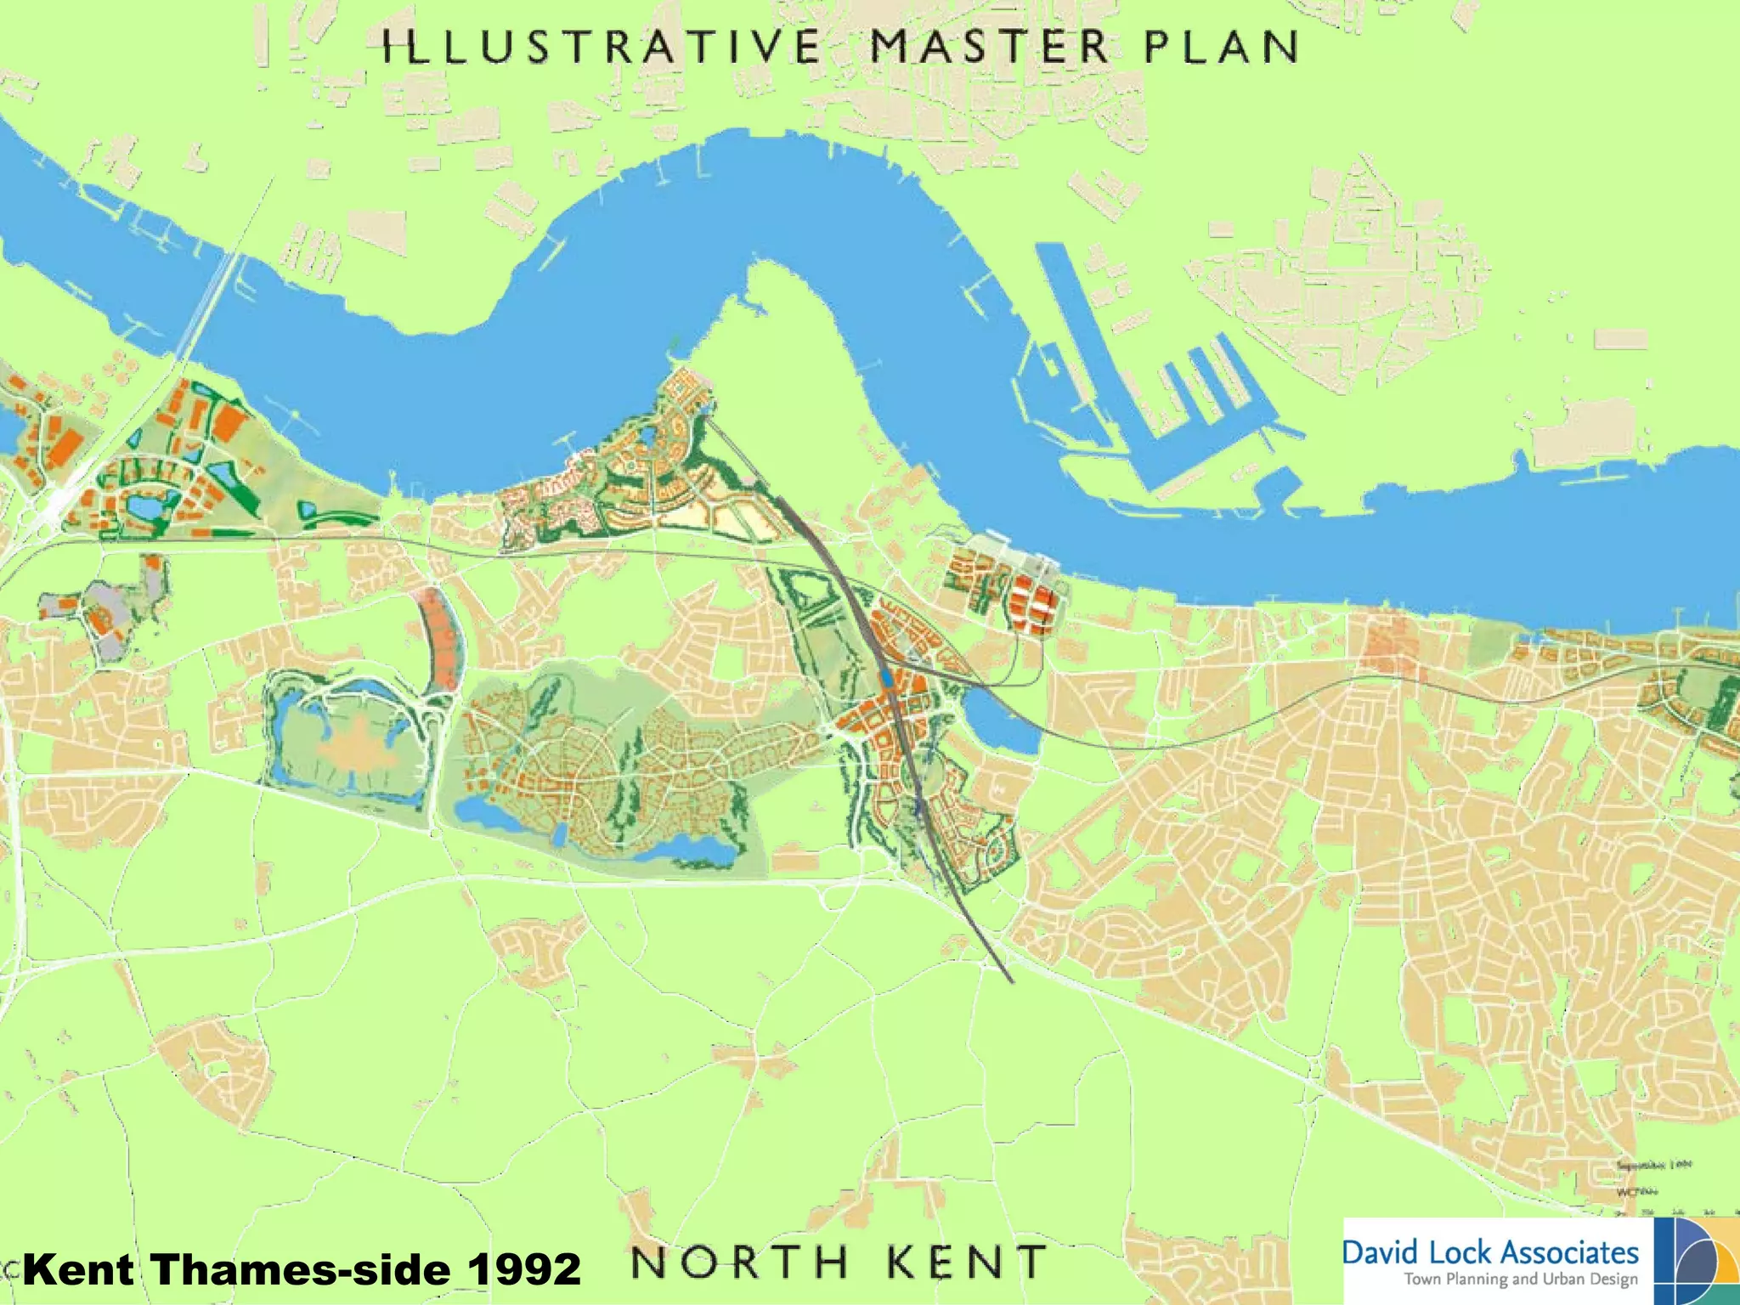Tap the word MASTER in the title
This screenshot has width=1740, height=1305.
[991, 47]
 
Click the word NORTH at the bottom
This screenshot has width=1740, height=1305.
[739, 1263]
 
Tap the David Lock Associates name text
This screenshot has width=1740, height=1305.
[1490, 1252]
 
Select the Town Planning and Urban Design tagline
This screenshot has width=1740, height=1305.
[1520, 1280]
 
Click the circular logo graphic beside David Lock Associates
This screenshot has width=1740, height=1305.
[1696, 1261]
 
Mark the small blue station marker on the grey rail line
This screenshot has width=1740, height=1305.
[886, 677]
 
